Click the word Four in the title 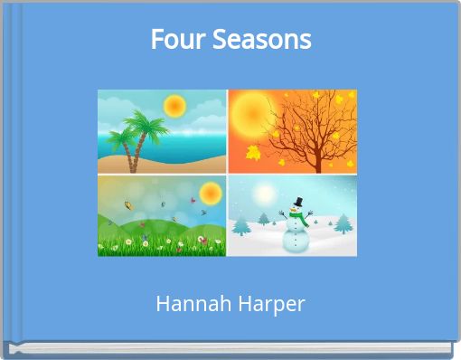[172, 40]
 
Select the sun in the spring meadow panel [210, 192]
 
